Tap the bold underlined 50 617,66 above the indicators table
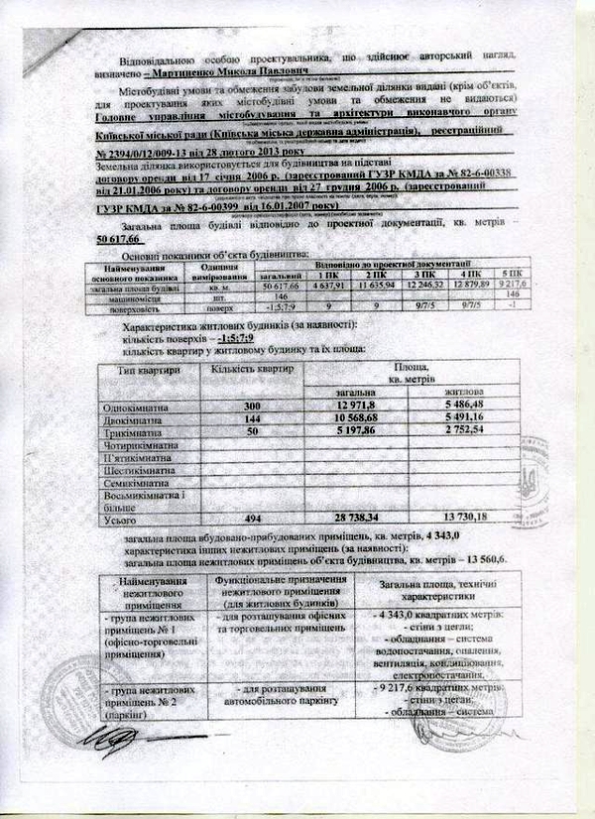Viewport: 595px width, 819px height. click(x=121, y=240)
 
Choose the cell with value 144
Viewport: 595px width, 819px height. click(x=257, y=420)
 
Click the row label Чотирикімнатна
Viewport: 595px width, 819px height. click(x=140, y=446)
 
